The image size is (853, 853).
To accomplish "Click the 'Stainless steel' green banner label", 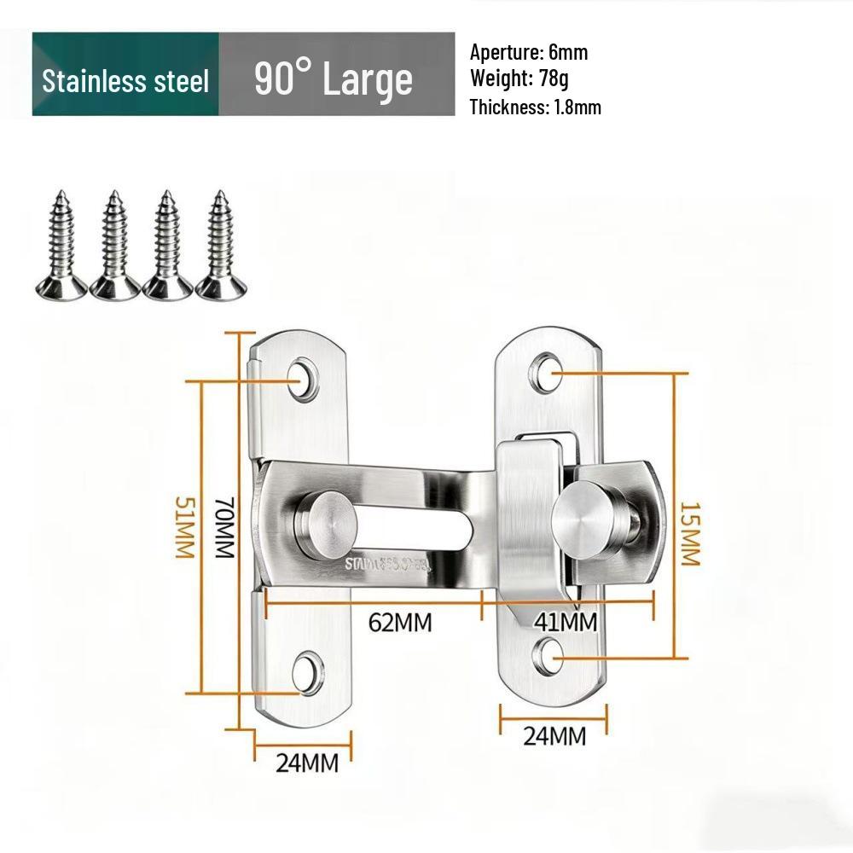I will [x=125, y=81].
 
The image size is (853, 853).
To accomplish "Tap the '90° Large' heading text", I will [x=334, y=79].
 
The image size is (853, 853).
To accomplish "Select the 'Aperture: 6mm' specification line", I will [x=529, y=53].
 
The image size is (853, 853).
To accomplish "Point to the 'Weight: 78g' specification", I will [x=519, y=79].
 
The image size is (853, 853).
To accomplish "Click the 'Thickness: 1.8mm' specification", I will [x=535, y=107].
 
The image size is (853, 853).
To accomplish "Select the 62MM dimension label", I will [x=400, y=623].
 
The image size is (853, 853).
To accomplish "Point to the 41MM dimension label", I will [x=565, y=623].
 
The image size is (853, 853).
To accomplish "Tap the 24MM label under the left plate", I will [x=306, y=763].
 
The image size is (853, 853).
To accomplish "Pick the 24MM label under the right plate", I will [x=554, y=735].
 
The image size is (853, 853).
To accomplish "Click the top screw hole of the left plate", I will [x=305, y=377].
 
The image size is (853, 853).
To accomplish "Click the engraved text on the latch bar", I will [x=388, y=564].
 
